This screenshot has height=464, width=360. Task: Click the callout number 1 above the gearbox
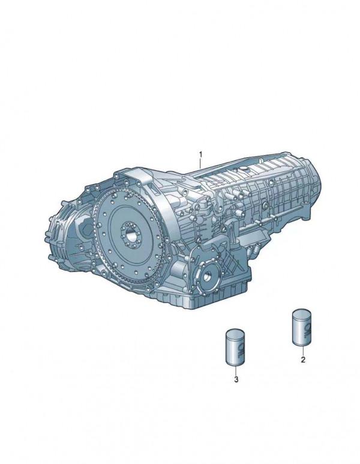click(201, 154)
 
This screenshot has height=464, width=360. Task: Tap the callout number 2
click(303, 360)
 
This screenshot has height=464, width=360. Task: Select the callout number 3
click(236, 379)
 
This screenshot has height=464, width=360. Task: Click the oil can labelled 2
click(302, 327)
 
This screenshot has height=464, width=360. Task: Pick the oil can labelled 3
click(236, 347)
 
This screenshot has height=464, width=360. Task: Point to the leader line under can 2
click(303, 350)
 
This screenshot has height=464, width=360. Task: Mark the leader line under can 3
click(236, 370)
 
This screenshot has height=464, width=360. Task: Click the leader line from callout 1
click(200, 163)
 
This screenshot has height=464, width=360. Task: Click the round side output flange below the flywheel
click(208, 276)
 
